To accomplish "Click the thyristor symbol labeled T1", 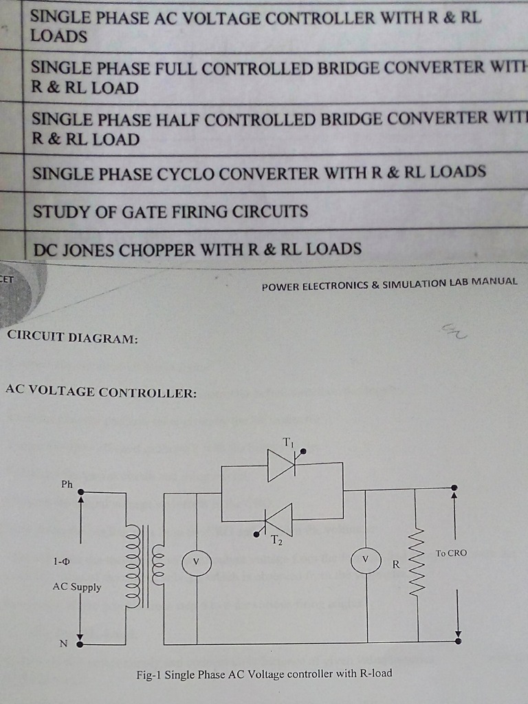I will pos(281,465).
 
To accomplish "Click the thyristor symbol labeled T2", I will pos(279,520).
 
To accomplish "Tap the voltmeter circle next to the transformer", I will pos(195,562).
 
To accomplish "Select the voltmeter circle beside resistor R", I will pos(366,562).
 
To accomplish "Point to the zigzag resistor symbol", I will pos(417,563).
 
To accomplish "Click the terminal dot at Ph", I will pos(80,492).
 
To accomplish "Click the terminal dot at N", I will pos(80,644).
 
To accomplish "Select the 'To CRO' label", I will pos(451,553).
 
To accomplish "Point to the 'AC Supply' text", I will pos(77,587).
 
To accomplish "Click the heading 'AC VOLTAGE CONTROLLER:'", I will pos(101,392).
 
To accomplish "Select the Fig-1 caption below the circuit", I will pos(264,674).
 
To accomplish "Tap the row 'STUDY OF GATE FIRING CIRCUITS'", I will pos(170,211).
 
